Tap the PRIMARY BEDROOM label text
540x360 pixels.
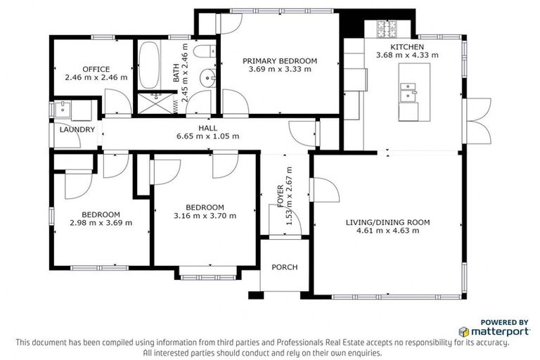(x=280, y=61)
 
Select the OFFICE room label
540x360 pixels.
(x=96, y=68)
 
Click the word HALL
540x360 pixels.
(x=207, y=127)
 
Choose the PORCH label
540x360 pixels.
(x=284, y=267)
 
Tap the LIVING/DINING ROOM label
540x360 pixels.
(x=387, y=222)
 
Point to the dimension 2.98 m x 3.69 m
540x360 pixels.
(x=101, y=223)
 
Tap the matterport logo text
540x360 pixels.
(x=501, y=330)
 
